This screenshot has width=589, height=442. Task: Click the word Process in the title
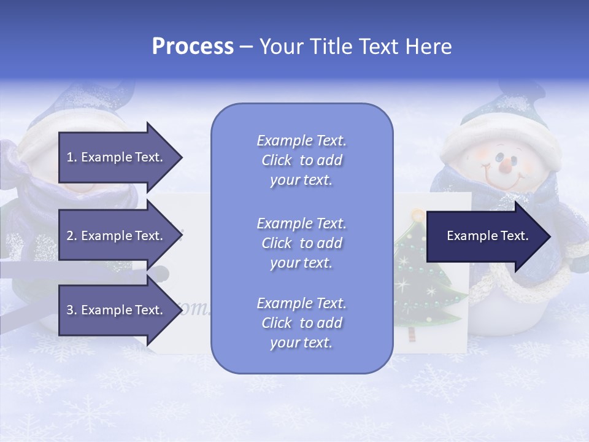193,47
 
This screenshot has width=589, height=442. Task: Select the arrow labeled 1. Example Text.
117,157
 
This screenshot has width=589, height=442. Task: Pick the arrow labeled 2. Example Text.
117,236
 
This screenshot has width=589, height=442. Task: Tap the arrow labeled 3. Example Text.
117,310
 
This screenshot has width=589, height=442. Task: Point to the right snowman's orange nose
506,165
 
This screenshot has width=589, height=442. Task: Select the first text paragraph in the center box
301,160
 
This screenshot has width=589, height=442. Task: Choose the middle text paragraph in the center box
301,243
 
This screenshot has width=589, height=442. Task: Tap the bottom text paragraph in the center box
301,323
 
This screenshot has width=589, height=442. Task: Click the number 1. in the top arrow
71,157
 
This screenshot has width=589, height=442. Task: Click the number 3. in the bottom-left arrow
71,310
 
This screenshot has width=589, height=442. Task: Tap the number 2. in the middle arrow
71,236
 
